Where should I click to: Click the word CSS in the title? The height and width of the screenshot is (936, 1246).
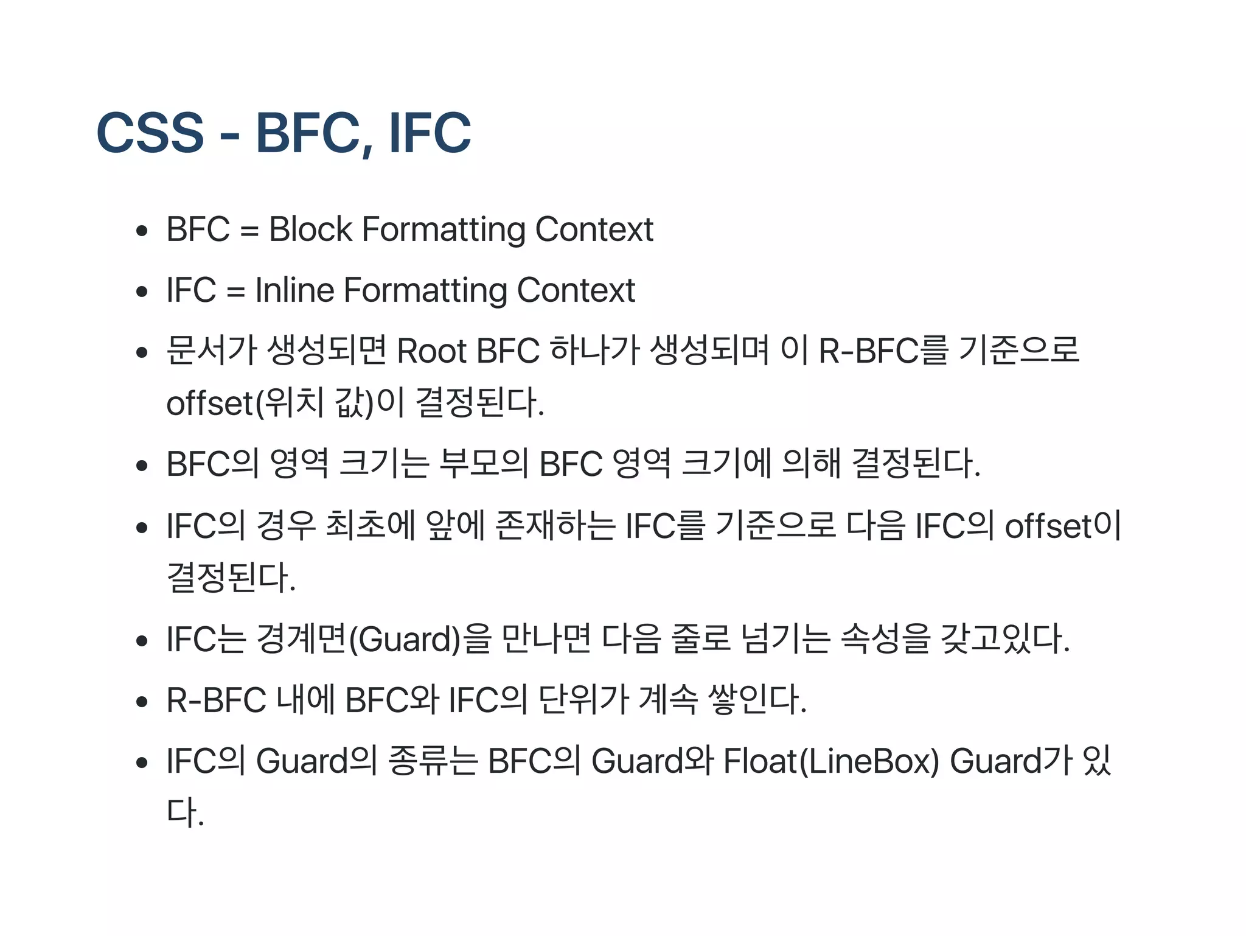coord(150,133)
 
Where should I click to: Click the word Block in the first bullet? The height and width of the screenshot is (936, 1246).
coord(310,229)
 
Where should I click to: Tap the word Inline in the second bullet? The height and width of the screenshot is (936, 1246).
coord(294,290)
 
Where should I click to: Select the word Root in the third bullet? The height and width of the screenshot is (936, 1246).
coord(432,351)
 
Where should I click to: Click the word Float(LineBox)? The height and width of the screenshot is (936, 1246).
coord(831,761)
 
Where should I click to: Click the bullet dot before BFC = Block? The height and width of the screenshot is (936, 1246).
coord(142,231)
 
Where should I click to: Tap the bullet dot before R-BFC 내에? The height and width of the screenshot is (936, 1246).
coord(142,702)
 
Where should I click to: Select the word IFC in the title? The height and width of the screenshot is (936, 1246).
coord(430,133)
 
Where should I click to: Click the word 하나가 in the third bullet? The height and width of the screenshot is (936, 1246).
coord(594,351)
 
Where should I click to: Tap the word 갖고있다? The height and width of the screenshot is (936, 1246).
coord(1004,639)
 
